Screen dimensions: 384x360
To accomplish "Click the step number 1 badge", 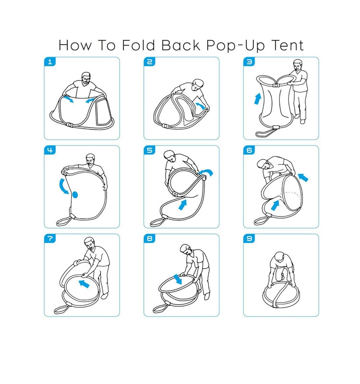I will pyautogui.click(x=49, y=62).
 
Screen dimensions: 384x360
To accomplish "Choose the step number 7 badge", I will pyautogui.click(x=49, y=239).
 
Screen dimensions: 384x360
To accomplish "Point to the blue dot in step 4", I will pyautogui.click(x=74, y=194).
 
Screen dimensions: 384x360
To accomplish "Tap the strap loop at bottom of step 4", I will pyautogui.click(x=62, y=221).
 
